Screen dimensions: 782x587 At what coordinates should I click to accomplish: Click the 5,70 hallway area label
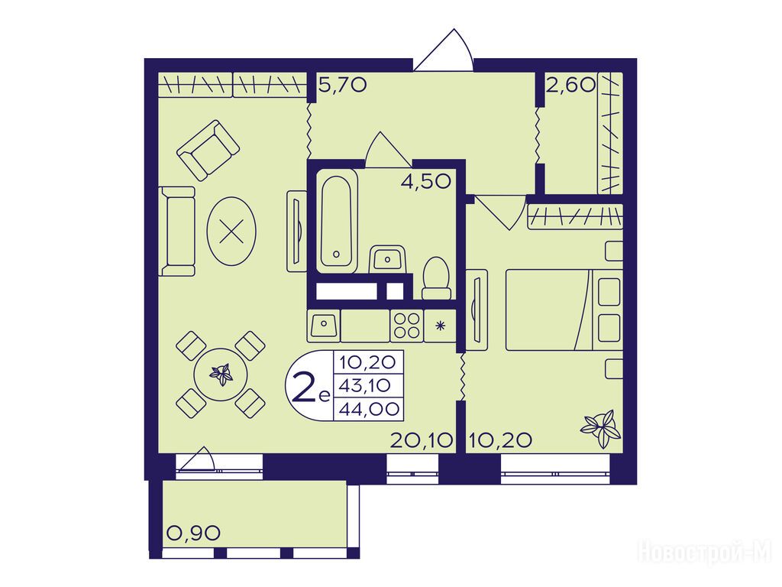point(343,86)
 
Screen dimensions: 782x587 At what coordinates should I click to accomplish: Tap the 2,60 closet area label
point(571,85)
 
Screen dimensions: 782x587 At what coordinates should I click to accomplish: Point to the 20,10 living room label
point(422,440)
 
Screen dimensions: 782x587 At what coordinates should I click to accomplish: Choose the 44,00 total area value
point(370,410)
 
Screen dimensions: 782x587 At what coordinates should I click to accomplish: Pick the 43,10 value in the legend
point(365,385)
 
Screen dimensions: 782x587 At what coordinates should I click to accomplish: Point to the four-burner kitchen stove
point(406,326)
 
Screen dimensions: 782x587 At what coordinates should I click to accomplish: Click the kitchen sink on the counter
point(324,326)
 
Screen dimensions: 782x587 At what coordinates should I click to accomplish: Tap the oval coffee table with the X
point(231,232)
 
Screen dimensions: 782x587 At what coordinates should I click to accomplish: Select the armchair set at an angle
point(208,150)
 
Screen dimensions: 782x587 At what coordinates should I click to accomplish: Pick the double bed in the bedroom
point(564,310)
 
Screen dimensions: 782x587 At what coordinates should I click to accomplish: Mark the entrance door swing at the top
point(443,50)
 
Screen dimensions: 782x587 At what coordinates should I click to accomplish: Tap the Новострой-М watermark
point(705,553)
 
